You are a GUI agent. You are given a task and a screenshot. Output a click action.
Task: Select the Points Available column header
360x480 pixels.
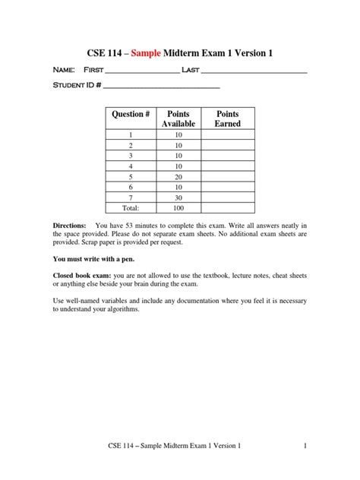[x=178, y=118]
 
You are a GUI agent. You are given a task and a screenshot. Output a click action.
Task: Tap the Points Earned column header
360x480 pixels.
[x=227, y=118]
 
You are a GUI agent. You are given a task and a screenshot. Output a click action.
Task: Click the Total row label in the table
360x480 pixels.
[x=131, y=207]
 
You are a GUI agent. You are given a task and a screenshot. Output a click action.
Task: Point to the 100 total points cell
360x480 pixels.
[x=178, y=207]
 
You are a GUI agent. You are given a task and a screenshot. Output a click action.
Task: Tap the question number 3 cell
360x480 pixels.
[x=131, y=155]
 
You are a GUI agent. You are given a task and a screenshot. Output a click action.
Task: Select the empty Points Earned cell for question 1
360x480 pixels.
[x=227, y=134]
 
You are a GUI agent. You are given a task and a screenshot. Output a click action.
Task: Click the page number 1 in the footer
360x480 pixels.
[x=305, y=446]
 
